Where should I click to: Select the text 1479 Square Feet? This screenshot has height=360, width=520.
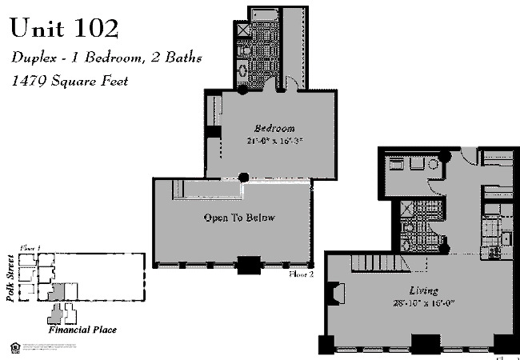tap(70, 81)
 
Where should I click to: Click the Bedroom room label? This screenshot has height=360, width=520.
tap(274, 128)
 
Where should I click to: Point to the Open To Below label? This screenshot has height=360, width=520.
tap(239, 218)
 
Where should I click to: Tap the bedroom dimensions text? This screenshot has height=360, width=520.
tap(274, 140)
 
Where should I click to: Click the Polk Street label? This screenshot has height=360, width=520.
tap(10, 276)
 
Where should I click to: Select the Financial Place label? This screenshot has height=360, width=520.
tap(82, 330)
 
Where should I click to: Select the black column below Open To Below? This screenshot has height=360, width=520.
tap(249, 264)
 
